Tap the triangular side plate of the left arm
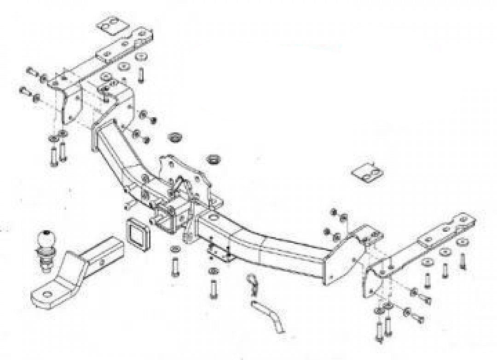pos(69,103)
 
